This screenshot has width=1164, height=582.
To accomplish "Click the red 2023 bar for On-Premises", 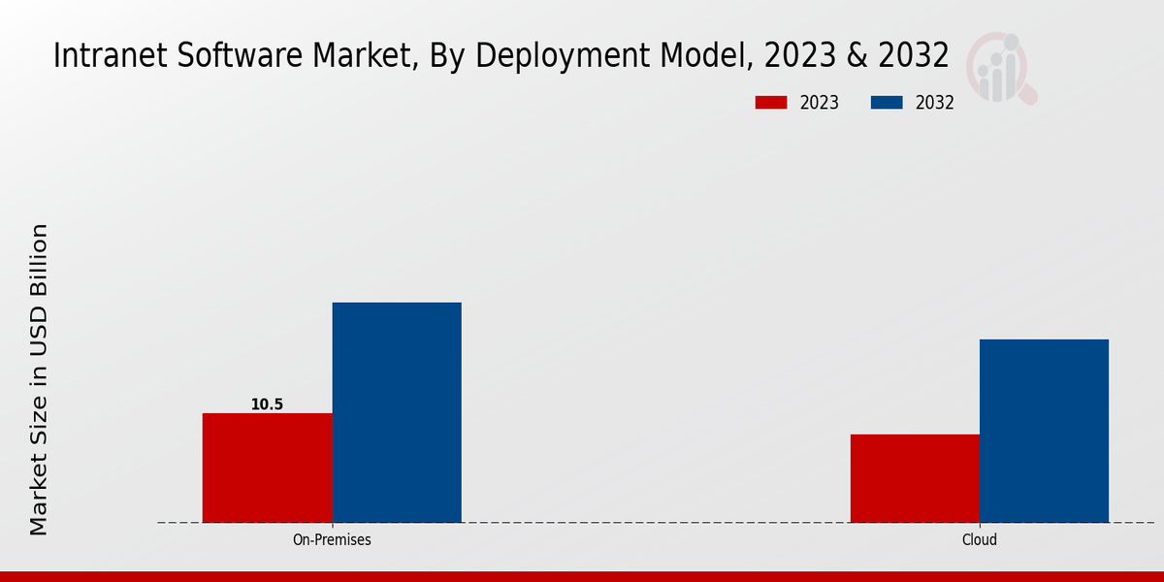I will coord(267,468).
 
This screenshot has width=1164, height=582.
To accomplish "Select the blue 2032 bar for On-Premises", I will coord(397,412).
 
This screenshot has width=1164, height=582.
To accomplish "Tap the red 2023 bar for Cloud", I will coord(915,478).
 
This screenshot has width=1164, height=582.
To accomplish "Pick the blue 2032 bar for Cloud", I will coord(1044,431).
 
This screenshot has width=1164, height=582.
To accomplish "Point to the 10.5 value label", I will coord(267,404).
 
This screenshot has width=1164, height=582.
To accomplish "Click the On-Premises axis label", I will coord(332,539).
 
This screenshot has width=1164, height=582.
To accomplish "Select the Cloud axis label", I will coord(980,539).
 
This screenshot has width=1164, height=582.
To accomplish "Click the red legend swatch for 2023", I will coord(771,103).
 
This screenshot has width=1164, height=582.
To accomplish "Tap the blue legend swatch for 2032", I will coord(888,103).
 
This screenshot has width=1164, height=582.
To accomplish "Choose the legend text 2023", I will coord(820,103).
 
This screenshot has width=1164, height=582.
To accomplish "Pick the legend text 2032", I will coord(935,103).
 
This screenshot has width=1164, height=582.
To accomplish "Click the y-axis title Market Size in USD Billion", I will coord(39,378).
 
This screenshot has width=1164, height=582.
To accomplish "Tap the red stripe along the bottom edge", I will coord(582,576).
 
